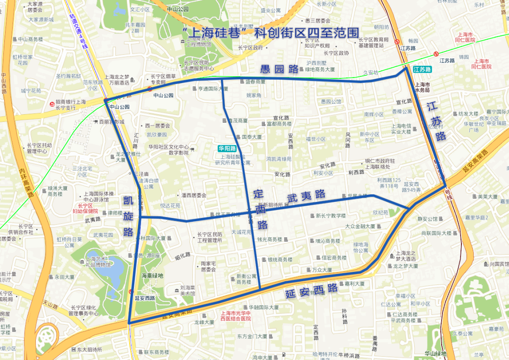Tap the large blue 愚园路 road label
(x=280, y=69)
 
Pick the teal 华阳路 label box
(x=227, y=148)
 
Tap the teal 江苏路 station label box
(x=422, y=69)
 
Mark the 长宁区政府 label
(x=250, y=48)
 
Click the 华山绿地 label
(x=435, y=353)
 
